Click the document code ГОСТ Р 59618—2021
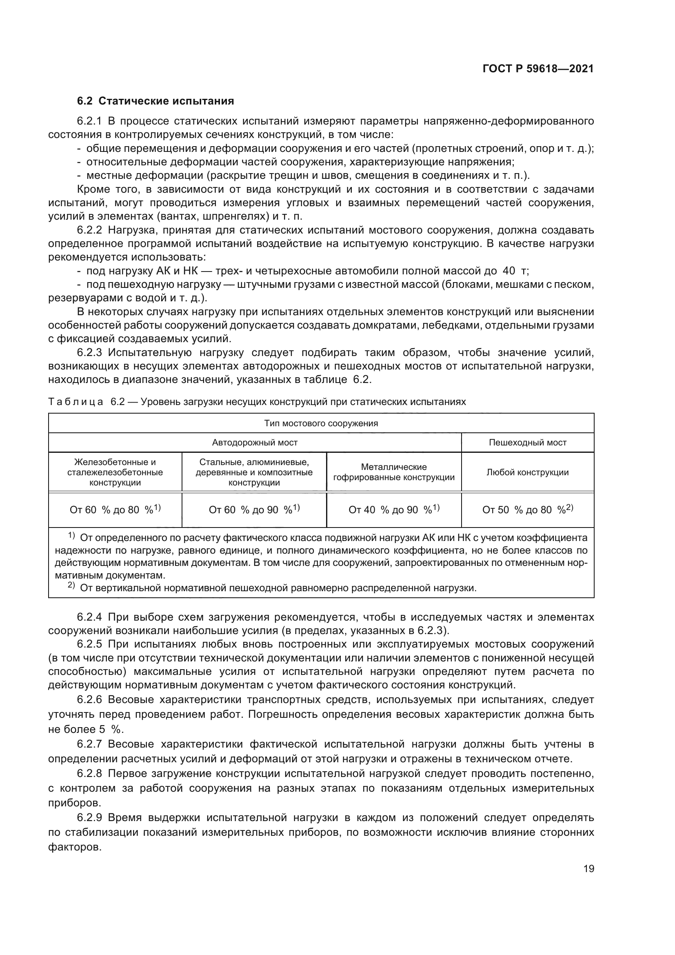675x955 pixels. coord(538,69)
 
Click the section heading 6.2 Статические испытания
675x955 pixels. coord(155,101)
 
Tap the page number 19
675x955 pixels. coord(588,868)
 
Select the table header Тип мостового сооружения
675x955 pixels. coord(321,423)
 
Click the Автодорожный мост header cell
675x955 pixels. coord(254,443)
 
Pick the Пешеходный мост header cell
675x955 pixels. coord(527,443)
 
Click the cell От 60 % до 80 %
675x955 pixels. coord(115,510)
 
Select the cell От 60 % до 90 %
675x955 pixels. coord(254,510)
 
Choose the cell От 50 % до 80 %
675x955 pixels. coord(527,510)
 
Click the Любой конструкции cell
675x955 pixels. coord(527,472)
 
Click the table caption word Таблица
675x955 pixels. coord(75,402)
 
